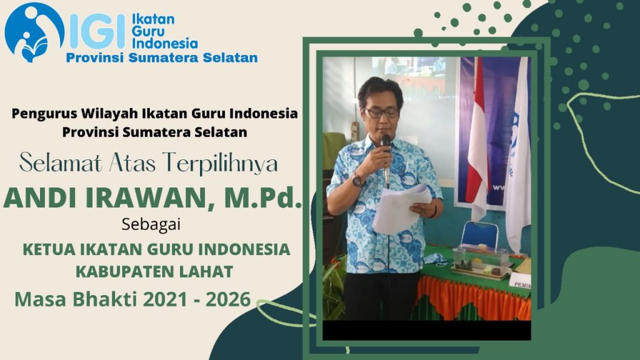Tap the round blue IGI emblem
click(x=34, y=32)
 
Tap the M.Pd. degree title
click(x=262, y=197)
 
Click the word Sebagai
click(x=151, y=224)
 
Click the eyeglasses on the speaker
click(x=381, y=112)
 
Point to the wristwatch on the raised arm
click(x=357, y=179)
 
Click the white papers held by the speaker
click(x=401, y=209)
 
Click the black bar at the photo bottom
click(x=426, y=330)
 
